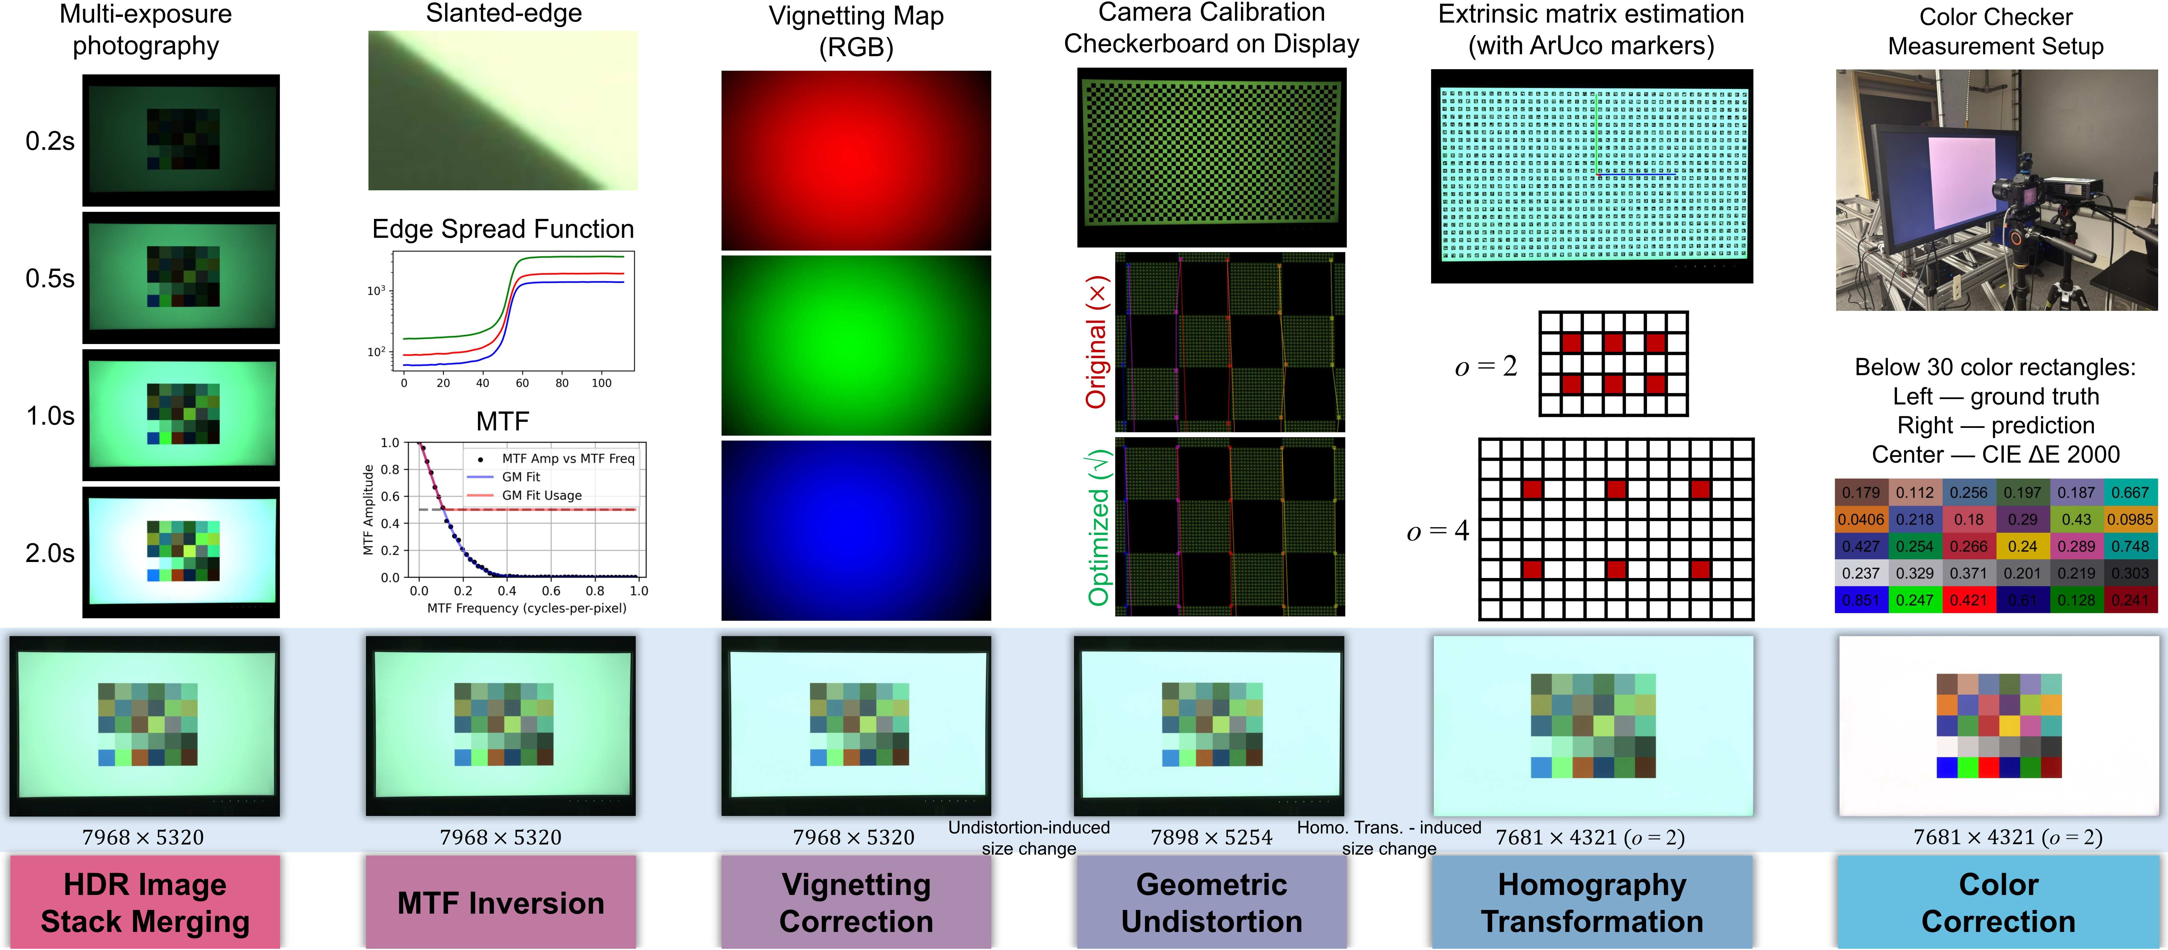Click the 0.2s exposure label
50,141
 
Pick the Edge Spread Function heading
503,229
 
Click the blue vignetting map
856,530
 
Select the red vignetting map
856,160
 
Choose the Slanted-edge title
503,14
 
